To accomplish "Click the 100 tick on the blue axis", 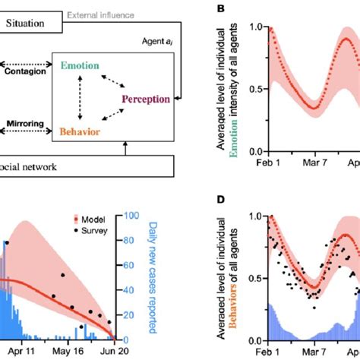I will pyautogui.click(x=132, y=216).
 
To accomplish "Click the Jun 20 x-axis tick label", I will pyautogui.click(x=114, y=353).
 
